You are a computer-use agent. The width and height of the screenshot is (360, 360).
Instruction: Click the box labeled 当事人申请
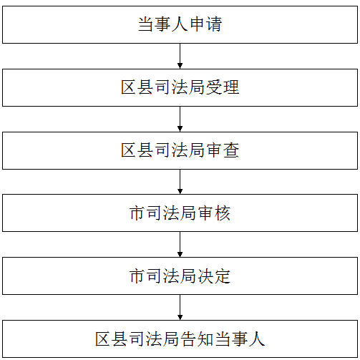pos(180,25)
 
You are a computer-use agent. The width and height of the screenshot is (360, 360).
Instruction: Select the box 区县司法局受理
pos(180,87)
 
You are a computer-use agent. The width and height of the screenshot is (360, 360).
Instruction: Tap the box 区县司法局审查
pos(180,150)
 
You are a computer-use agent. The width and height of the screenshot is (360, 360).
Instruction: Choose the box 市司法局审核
pos(180,213)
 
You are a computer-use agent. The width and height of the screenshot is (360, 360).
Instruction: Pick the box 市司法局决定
pos(180,276)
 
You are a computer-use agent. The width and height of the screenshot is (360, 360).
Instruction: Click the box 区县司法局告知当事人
pos(180,339)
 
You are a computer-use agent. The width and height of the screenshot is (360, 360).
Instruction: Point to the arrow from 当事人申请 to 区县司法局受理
pos(180,56)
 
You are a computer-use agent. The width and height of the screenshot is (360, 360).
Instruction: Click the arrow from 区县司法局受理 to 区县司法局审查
pos(180,119)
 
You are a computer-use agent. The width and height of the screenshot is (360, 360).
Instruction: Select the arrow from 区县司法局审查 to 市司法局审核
pos(180,182)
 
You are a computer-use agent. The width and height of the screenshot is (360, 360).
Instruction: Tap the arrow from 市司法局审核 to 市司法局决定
pos(180,244)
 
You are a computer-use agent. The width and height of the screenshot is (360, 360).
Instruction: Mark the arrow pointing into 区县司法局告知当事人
pos(180,307)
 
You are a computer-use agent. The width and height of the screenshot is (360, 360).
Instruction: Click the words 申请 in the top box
pos(205,24)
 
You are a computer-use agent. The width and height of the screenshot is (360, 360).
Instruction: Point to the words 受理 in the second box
pos(223,87)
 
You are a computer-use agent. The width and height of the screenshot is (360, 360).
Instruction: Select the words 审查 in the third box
pos(223,150)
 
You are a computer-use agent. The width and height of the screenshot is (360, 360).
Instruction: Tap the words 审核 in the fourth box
pos(214,213)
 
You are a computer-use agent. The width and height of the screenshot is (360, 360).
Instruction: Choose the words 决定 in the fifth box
pos(214,276)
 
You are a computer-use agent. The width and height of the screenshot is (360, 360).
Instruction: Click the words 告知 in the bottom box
pos(197,339)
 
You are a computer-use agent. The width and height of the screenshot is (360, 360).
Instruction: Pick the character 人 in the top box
pos(180,24)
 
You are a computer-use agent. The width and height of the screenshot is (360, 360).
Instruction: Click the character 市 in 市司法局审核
pos(137,213)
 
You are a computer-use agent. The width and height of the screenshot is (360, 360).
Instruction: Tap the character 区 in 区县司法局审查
pos(129,150)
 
